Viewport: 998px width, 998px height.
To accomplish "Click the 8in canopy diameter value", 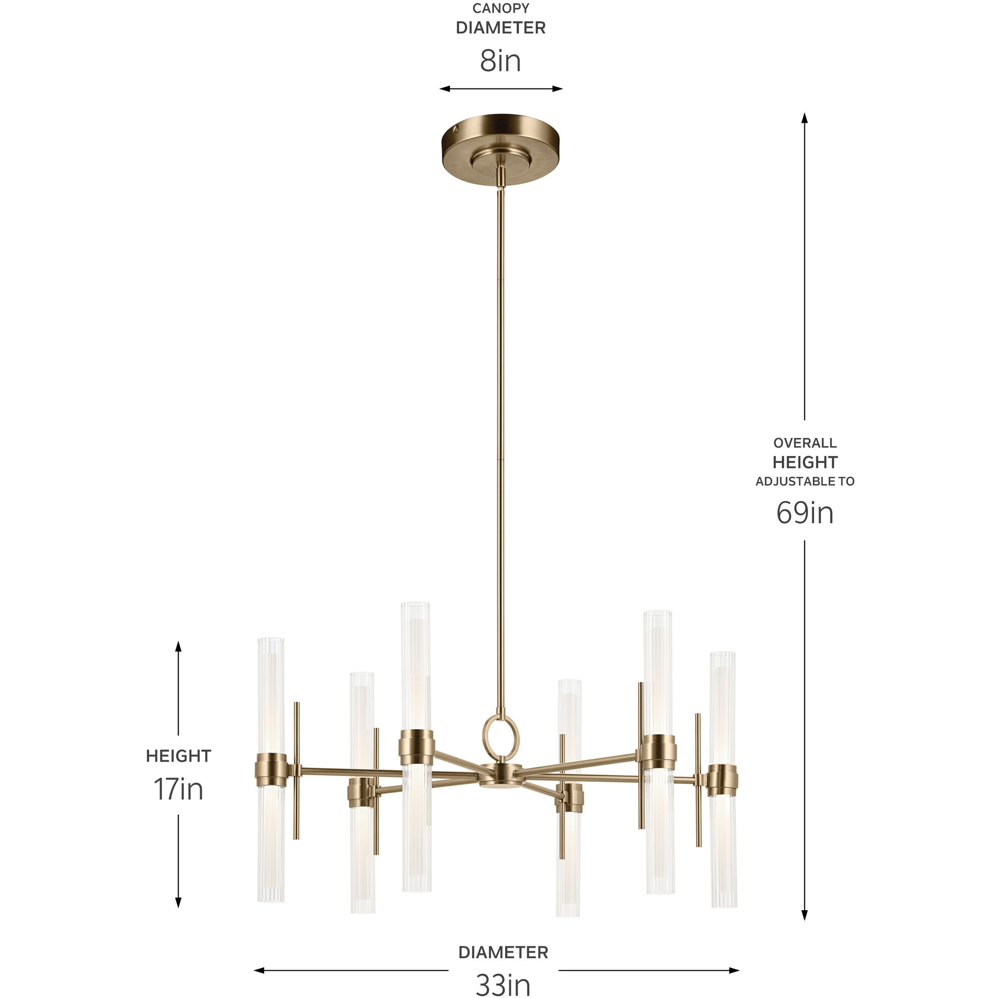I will pyautogui.click(x=500, y=61).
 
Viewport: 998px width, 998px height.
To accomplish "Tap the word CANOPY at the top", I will pyautogui.click(x=501, y=8).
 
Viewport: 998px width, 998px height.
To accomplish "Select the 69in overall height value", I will pyautogui.click(x=804, y=513).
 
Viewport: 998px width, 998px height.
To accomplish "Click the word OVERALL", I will pyautogui.click(x=805, y=443).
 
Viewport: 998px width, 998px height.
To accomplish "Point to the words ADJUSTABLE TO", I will pyautogui.click(x=805, y=481).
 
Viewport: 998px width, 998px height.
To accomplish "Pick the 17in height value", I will pyautogui.click(x=178, y=789).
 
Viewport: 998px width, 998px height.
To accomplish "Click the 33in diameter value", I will pyautogui.click(x=503, y=984).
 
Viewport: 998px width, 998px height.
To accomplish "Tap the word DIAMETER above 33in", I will pyautogui.click(x=503, y=953).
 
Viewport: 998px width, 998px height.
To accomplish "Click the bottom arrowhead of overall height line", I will pyautogui.click(x=804, y=915).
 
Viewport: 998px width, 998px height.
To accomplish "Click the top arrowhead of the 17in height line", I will pyautogui.click(x=178, y=645).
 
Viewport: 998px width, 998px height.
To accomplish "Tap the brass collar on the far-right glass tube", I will pyautogui.click(x=723, y=779).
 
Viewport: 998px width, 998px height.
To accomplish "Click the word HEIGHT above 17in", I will pyautogui.click(x=178, y=756).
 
